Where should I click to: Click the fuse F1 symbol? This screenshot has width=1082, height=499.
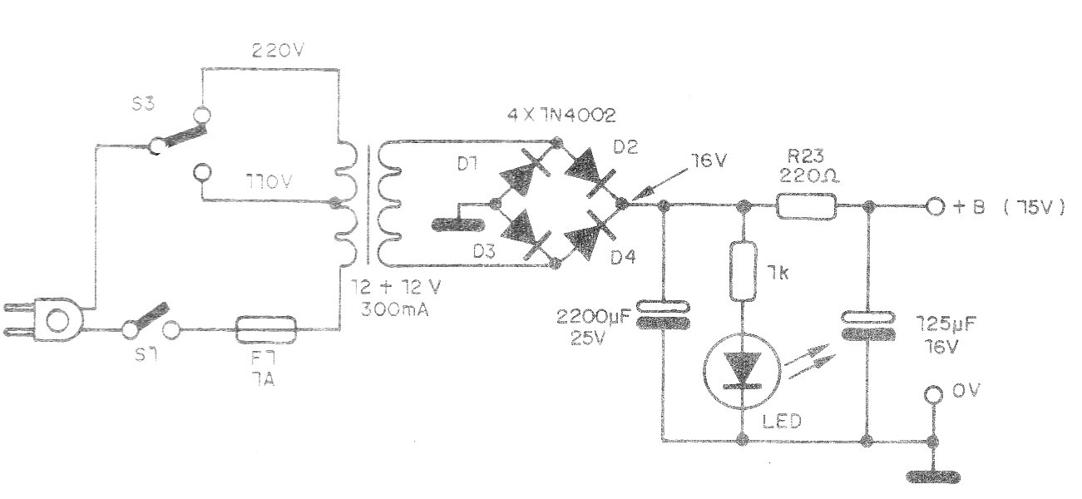click(x=265, y=329)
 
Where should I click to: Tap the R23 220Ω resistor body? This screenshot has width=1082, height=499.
click(x=806, y=207)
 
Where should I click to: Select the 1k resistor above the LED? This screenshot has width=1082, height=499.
click(x=743, y=271)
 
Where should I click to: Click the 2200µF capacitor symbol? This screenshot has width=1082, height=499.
click(x=663, y=314)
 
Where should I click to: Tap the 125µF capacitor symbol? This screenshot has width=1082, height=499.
click(x=868, y=326)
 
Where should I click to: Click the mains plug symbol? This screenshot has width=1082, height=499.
click(x=43, y=320)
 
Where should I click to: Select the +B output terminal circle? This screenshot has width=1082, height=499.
click(x=935, y=207)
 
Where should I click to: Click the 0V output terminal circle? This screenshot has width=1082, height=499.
click(x=933, y=395)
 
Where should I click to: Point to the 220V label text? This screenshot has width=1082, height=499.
click(x=278, y=50)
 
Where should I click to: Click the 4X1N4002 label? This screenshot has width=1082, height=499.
click(x=561, y=116)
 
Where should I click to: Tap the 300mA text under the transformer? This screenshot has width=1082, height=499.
click(x=395, y=309)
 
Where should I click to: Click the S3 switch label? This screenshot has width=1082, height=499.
click(x=143, y=104)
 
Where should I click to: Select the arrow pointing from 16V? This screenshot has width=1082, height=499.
click(x=660, y=184)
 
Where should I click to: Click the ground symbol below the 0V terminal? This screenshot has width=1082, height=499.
click(x=933, y=477)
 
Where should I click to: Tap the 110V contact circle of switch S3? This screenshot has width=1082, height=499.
click(x=202, y=171)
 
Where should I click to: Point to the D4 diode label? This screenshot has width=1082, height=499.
click(x=623, y=258)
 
